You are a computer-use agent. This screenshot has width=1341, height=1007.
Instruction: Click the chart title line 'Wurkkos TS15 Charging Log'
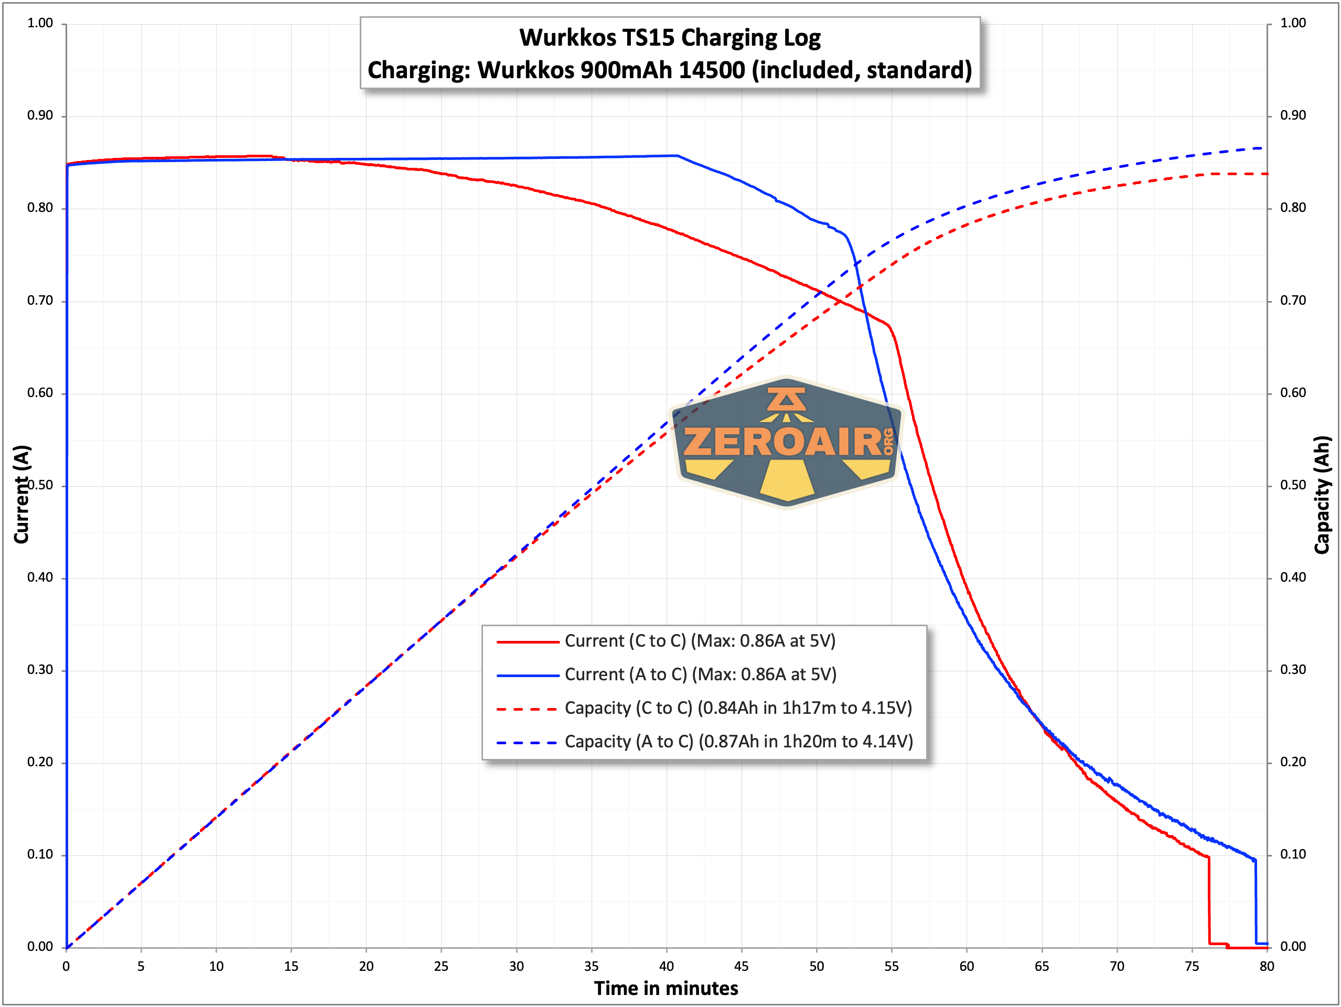pos(670,38)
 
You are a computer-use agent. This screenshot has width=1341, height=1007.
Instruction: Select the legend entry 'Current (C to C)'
pos(700,641)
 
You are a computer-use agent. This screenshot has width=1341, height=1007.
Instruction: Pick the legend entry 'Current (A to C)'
pos(700,674)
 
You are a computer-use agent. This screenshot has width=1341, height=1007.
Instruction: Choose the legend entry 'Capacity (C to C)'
pos(738,708)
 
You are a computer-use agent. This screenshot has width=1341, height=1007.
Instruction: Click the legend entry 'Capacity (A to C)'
pos(738,742)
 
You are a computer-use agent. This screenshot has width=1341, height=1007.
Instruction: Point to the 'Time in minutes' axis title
pos(666,988)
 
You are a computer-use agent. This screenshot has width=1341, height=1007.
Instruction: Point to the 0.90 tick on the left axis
pos(40,115)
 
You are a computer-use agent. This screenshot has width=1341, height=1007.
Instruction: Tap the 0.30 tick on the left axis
pos(40,669)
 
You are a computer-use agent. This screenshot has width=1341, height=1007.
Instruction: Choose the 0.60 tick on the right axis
pos(1293,392)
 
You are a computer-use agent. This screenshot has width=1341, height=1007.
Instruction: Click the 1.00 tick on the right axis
pos(1293,23)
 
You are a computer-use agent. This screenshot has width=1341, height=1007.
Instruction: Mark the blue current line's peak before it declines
pos(677,156)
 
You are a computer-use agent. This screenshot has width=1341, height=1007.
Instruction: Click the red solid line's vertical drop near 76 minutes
pos(1209,901)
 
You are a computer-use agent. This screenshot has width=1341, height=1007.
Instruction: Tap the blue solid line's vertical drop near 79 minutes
pos(1256,902)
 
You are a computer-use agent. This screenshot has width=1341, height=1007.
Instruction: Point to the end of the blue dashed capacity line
pos(1262,148)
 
